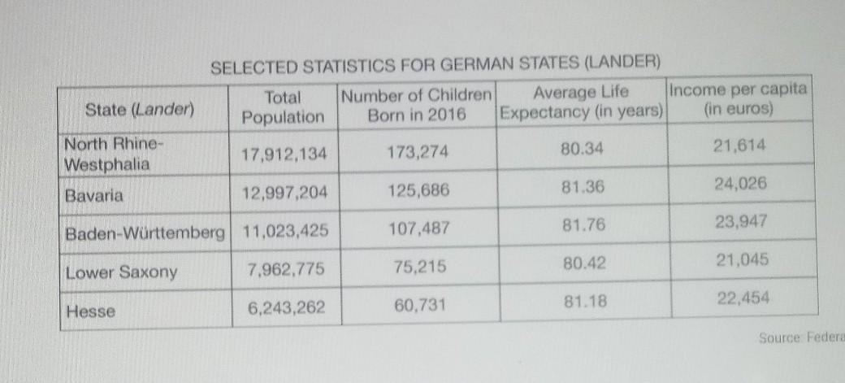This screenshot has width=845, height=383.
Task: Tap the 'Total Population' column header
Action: tap(283, 107)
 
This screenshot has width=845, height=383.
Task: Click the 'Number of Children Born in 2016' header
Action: tap(417, 105)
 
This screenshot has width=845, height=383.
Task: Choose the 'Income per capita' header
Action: tap(739, 98)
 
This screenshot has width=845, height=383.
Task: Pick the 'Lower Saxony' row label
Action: tap(122, 272)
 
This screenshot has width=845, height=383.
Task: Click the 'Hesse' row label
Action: tap(91, 311)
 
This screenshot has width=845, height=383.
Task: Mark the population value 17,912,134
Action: tap(284, 154)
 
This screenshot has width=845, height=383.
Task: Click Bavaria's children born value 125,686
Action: tap(417, 192)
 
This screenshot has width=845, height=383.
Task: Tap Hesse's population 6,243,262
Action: tap(284, 307)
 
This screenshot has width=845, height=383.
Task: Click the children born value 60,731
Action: tap(417, 305)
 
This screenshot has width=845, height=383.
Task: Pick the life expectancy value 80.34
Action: tap(582, 149)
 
